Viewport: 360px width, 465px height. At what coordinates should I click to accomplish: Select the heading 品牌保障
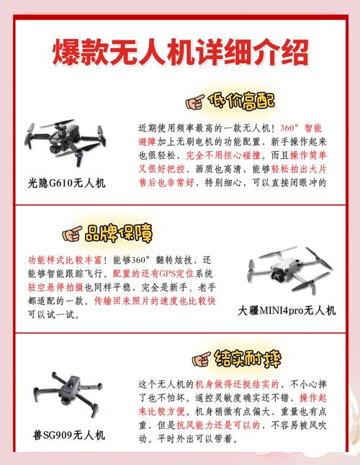coord(120,233)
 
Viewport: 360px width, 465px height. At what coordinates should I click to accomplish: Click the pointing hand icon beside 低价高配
coord(196,101)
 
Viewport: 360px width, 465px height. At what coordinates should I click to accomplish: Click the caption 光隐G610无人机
coord(66,183)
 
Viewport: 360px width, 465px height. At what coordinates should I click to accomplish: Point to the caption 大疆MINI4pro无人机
coord(287,311)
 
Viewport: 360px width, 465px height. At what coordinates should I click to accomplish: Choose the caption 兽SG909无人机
coord(69,435)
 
